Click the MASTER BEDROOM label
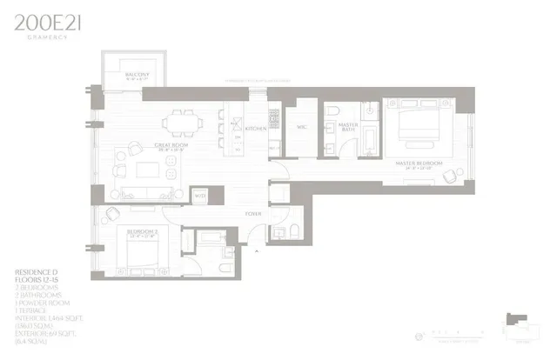point(418,163)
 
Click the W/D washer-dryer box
point(198,197)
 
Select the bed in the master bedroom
point(407,130)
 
